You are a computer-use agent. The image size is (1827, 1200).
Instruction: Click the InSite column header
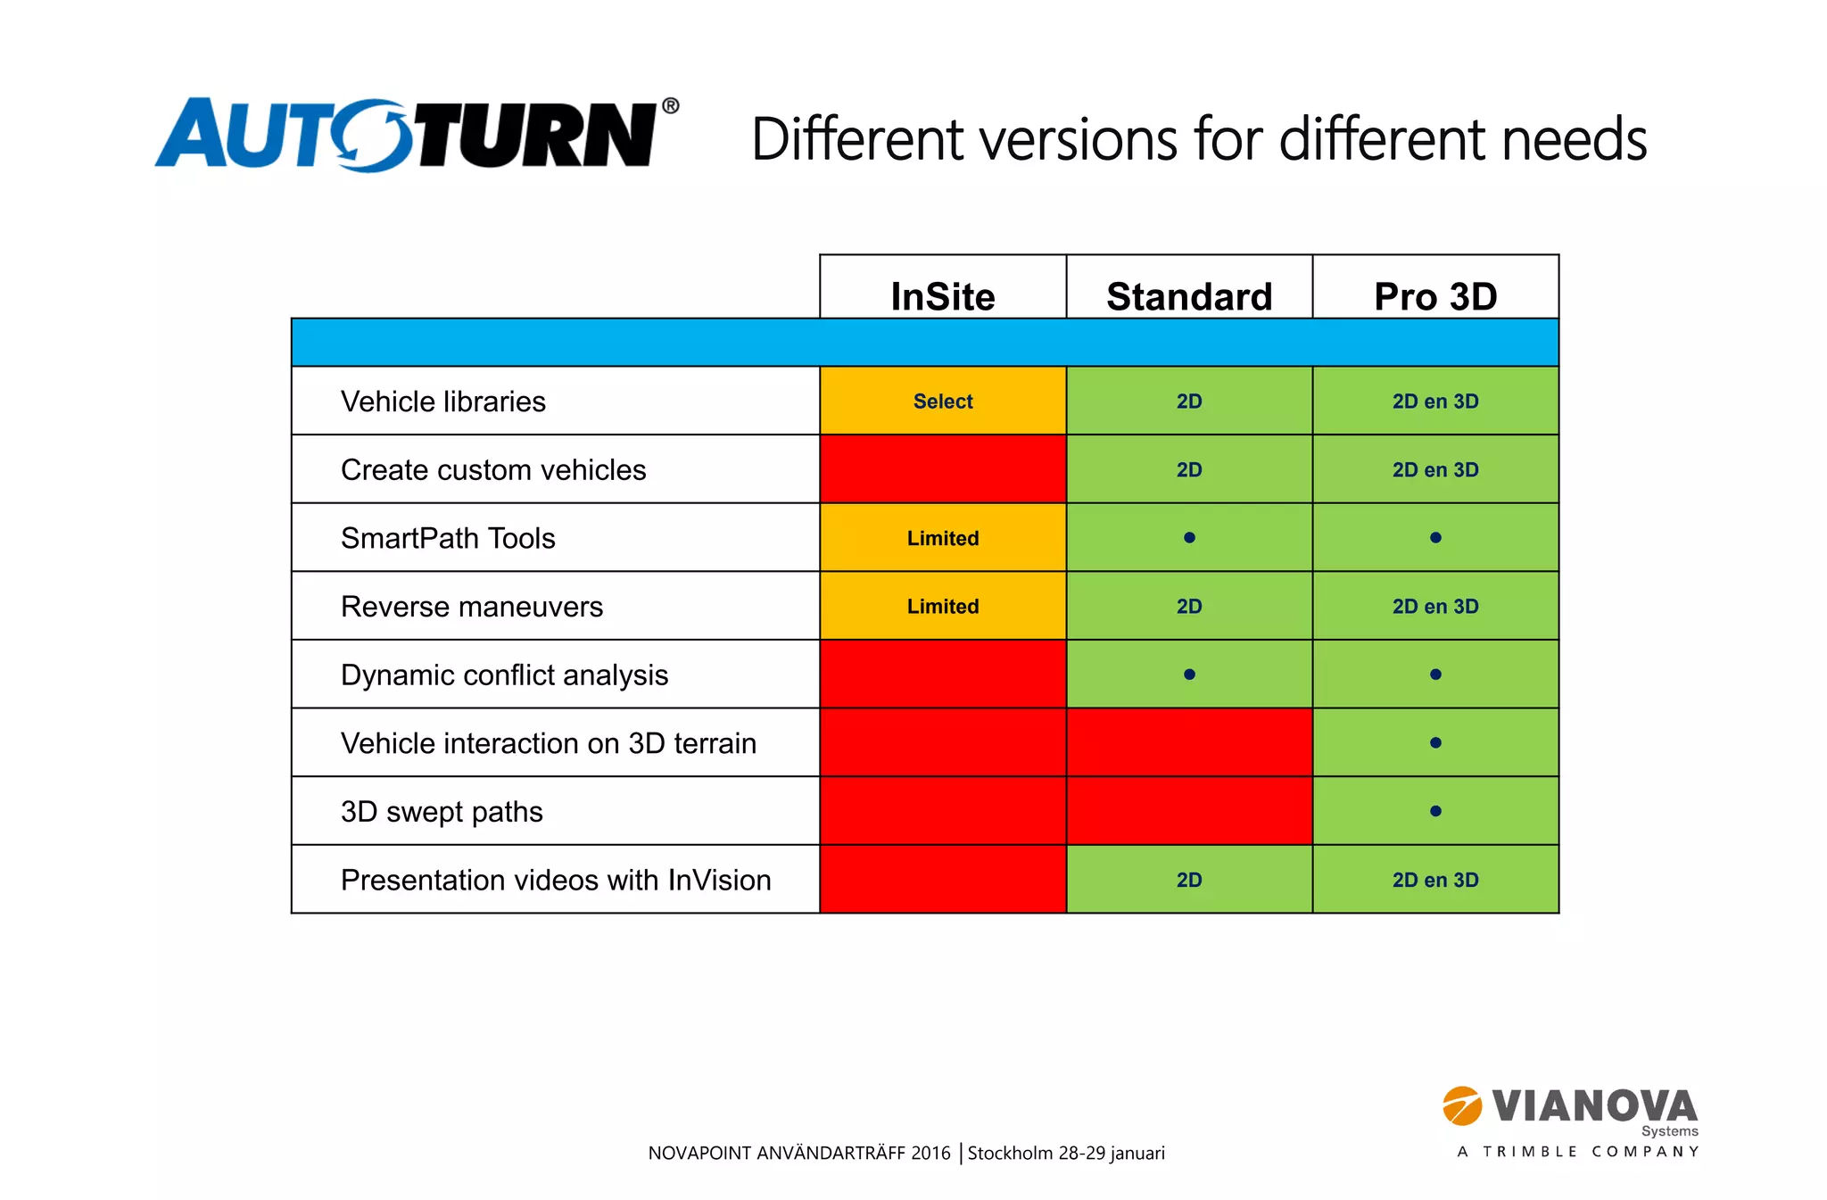click(x=942, y=295)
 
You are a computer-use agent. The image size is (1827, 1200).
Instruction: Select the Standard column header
click(x=1188, y=295)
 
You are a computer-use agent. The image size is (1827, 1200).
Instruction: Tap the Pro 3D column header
click(x=1434, y=295)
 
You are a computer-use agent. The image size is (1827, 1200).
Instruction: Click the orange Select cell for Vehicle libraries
click(x=942, y=401)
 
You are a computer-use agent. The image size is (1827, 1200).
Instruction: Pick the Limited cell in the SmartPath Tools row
click(x=942, y=538)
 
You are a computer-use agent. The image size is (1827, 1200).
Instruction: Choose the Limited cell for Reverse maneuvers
click(x=942, y=607)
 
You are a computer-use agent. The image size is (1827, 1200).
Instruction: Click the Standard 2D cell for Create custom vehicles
click(x=1188, y=469)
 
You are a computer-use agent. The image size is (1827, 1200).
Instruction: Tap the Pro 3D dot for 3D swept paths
click(x=1434, y=811)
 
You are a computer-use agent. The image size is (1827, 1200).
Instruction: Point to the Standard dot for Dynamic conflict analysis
click(x=1188, y=674)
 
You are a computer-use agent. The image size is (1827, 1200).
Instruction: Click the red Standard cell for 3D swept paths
click(x=1188, y=811)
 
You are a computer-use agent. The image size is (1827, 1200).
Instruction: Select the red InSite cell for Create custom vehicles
click(x=942, y=469)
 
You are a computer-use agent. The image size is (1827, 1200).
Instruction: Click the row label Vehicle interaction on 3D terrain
click(x=548, y=743)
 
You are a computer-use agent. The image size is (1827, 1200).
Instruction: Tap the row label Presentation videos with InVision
click(x=555, y=880)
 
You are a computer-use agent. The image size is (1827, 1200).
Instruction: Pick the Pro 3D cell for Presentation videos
click(x=1434, y=880)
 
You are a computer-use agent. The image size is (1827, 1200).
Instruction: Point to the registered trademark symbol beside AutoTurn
click(x=670, y=106)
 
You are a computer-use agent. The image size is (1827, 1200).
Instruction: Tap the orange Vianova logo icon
click(x=1462, y=1106)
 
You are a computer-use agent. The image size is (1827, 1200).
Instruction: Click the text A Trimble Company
click(x=1577, y=1152)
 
